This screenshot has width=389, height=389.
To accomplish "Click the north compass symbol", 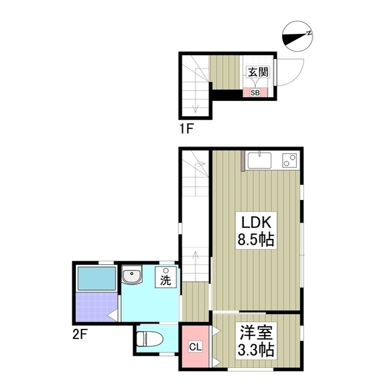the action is (x=297, y=36).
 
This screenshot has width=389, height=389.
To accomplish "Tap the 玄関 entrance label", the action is (x=258, y=72).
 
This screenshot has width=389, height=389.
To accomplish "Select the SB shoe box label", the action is (x=255, y=93).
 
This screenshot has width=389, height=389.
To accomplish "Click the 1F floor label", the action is (x=187, y=128).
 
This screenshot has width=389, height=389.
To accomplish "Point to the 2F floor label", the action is (x=80, y=335).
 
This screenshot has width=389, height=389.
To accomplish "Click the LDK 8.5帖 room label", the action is (x=256, y=231).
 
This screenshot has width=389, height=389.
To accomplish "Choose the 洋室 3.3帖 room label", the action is (x=256, y=341).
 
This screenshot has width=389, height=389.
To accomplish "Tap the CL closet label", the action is (x=196, y=347).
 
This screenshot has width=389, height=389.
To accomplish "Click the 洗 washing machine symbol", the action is (x=166, y=277).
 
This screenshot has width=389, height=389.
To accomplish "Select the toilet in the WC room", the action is (x=150, y=339).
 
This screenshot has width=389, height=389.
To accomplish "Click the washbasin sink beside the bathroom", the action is (x=132, y=275).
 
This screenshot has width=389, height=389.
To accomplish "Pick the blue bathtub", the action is (x=97, y=278).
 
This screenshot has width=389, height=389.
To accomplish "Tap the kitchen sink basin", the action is (x=260, y=160).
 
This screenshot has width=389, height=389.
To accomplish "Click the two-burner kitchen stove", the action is (x=289, y=160).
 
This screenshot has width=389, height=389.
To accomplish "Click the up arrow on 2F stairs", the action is (x=196, y=266).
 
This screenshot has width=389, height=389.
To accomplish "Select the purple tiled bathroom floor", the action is (x=97, y=307).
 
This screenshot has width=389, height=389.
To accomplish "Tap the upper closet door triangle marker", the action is (x=216, y=331).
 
